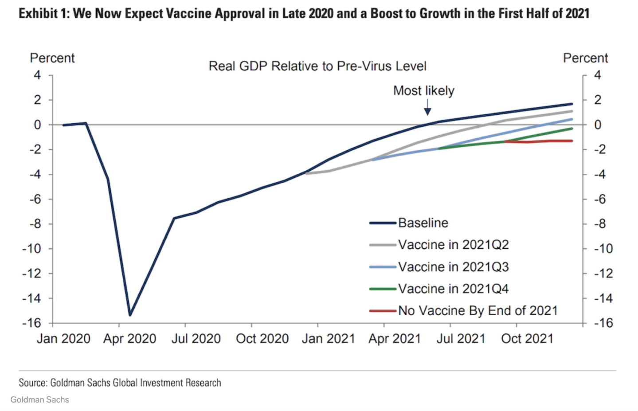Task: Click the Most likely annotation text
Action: coord(423,91)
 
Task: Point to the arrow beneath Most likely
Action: coord(427,108)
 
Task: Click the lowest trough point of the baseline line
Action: coord(130,315)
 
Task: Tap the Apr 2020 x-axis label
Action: coord(129,339)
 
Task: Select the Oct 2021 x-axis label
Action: coord(527,339)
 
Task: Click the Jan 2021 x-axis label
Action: coord(328,339)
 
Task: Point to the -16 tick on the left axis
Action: coord(31,323)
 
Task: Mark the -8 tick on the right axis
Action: coord(600,224)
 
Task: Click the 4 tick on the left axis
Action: coord(37,75)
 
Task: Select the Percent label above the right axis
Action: coord(585,58)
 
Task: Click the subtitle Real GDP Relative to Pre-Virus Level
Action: coord(317,67)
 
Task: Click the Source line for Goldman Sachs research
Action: coord(120,383)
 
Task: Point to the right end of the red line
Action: coord(571,141)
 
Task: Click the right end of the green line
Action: coord(571,129)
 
